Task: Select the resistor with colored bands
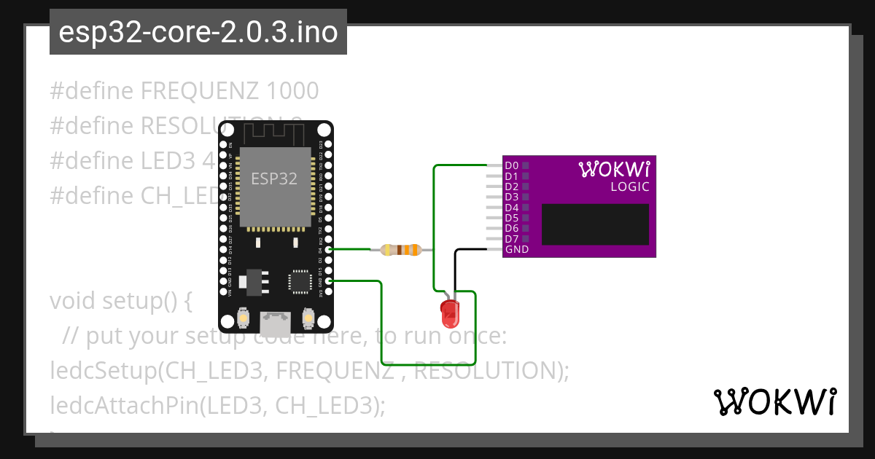[x=402, y=250]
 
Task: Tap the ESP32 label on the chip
[x=273, y=178]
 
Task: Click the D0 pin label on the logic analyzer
[x=511, y=166]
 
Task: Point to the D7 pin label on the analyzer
[x=511, y=239]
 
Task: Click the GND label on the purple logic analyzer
[x=516, y=250]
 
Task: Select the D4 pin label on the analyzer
[x=511, y=208]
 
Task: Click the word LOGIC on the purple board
[x=629, y=187]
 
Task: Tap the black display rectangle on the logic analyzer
[x=595, y=224]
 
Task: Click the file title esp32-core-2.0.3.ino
[x=198, y=33]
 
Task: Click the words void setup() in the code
[x=120, y=301]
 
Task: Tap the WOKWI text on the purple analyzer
[x=614, y=170]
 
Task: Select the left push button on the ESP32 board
[x=244, y=318]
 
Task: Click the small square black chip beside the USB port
[x=300, y=280]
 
